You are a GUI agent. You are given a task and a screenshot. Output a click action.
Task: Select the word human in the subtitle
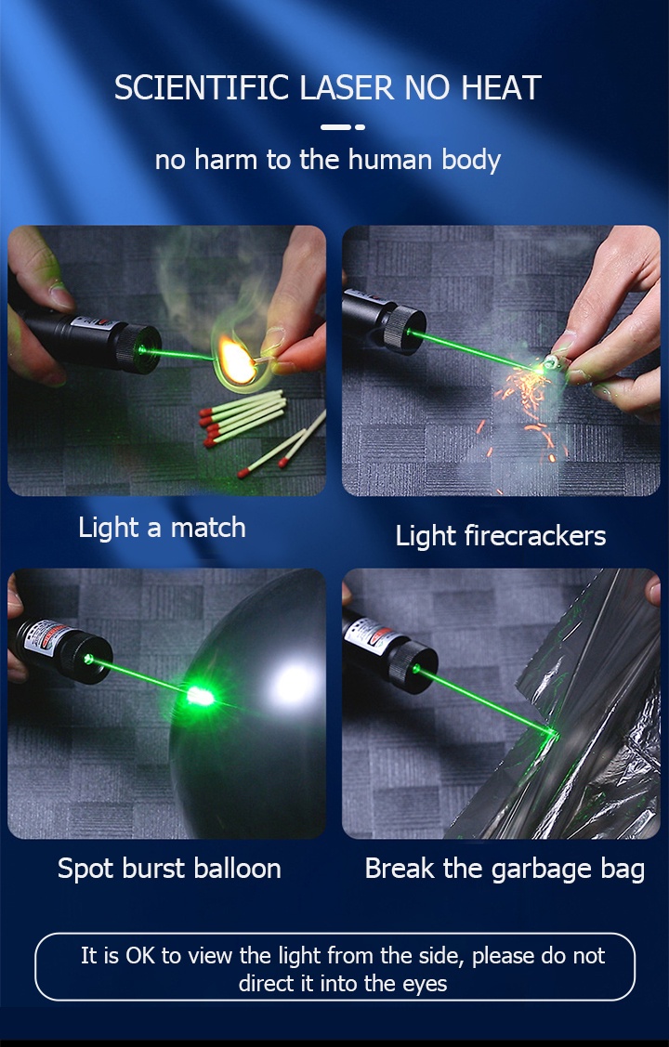390,160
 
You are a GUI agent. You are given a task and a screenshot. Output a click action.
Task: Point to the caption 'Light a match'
162,528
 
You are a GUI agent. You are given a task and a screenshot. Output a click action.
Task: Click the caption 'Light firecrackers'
500,535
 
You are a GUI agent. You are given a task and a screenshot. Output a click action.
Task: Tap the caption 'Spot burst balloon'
169,869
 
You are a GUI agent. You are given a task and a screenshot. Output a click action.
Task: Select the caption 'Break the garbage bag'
505,869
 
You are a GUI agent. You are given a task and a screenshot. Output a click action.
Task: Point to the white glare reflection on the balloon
293,685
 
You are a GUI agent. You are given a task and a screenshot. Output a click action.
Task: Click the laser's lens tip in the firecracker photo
406,329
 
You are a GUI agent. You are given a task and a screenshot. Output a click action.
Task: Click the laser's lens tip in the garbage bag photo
415,668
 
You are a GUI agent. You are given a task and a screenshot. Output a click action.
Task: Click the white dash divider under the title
342,127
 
